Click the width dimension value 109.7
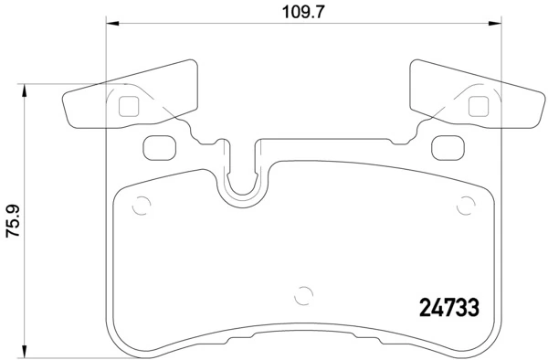302,12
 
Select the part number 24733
449,309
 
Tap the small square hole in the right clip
476,106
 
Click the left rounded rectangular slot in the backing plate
161,146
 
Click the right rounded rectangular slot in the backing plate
446,146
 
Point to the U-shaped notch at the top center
242,178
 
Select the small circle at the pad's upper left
140,206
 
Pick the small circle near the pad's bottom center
304,295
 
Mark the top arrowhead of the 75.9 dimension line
25,89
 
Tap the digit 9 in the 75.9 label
12,207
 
